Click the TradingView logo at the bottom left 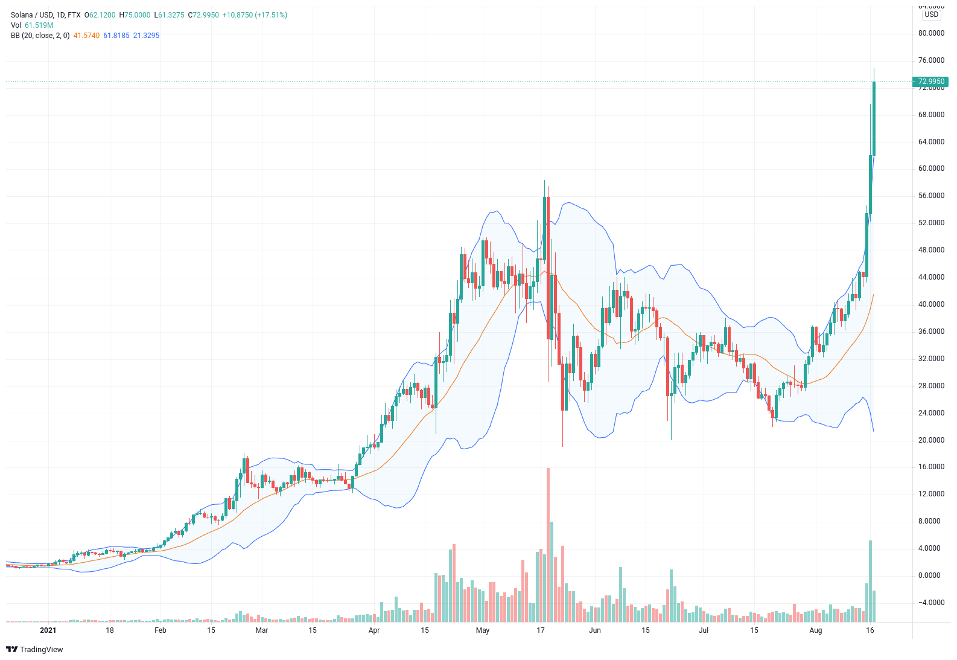coord(34,649)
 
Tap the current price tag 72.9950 coord(930,82)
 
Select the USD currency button coord(932,14)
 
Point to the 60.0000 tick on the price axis coord(931,168)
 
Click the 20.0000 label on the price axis coord(931,440)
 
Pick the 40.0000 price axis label coord(931,304)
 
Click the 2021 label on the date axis coord(48,630)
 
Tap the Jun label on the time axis coord(595,630)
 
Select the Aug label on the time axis coord(816,630)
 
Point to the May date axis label coord(483,630)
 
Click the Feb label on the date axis coord(161,630)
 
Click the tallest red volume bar coord(548,543)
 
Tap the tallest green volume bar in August coord(870,580)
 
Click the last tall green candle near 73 coord(874,118)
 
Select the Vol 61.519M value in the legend coord(39,25)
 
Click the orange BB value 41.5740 coord(86,36)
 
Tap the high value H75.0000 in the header coord(135,15)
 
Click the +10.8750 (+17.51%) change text coord(255,15)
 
